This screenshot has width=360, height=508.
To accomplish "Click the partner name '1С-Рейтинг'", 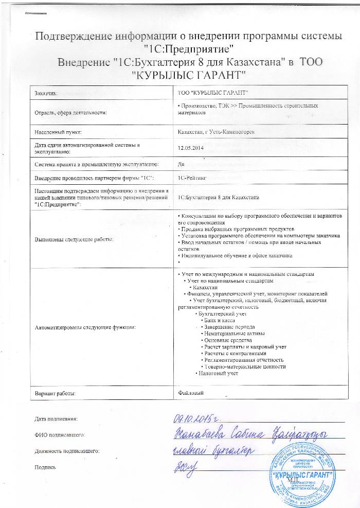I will click(191, 178).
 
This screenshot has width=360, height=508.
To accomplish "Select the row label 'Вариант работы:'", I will click(55, 393).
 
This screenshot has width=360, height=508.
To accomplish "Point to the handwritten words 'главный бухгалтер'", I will click(212, 451).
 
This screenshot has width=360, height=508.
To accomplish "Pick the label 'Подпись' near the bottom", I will click(44, 467).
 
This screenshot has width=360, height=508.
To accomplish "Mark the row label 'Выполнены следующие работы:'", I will click(74, 239).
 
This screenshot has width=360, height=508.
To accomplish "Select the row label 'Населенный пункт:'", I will click(56, 131).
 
